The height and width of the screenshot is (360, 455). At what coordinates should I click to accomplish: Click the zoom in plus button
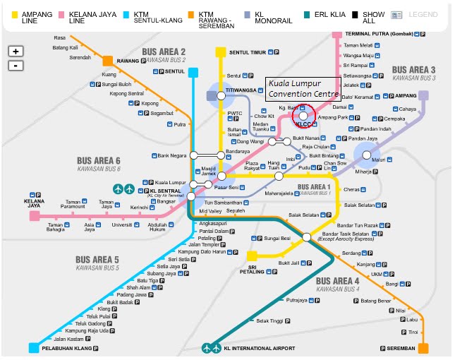click(x=16, y=52)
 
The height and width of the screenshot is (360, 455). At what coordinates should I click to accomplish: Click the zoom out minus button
click(x=16, y=66)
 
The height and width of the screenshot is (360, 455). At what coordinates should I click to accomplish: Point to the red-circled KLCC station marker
click(x=303, y=115)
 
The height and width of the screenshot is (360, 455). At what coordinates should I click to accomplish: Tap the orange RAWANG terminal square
click(x=108, y=61)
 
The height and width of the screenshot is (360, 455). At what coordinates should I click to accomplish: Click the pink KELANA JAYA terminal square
click(x=34, y=216)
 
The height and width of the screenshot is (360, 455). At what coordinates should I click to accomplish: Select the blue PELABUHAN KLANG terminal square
click(x=34, y=348)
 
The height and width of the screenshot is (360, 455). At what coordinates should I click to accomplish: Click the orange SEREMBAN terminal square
click(x=423, y=348)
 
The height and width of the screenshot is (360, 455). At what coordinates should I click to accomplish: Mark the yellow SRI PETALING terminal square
click(x=252, y=256)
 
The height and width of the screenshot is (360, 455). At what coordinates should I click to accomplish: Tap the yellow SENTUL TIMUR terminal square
click(x=221, y=52)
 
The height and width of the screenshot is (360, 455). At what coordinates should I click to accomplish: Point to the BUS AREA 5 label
click(x=97, y=260)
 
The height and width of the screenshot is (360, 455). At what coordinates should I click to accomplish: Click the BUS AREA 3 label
click(x=414, y=70)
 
